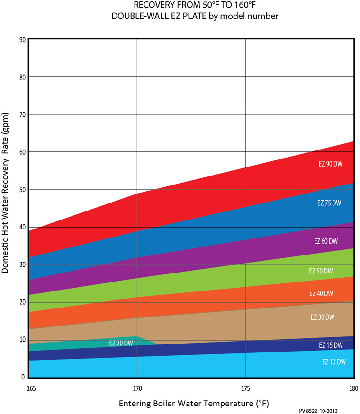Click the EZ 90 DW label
click(330, 164)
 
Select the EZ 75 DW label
click(329, 203)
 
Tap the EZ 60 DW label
click(326, 241)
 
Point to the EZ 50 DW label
click(321, 271)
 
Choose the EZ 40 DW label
click(321, 293)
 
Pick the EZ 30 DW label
click(323, 317)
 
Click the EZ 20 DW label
click(121, 343)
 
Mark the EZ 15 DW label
click(331, 345)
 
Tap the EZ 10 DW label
click(334, 362)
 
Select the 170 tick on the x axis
click(137, 388)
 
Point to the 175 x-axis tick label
click(245, 388)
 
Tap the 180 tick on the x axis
click(353, 388)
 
